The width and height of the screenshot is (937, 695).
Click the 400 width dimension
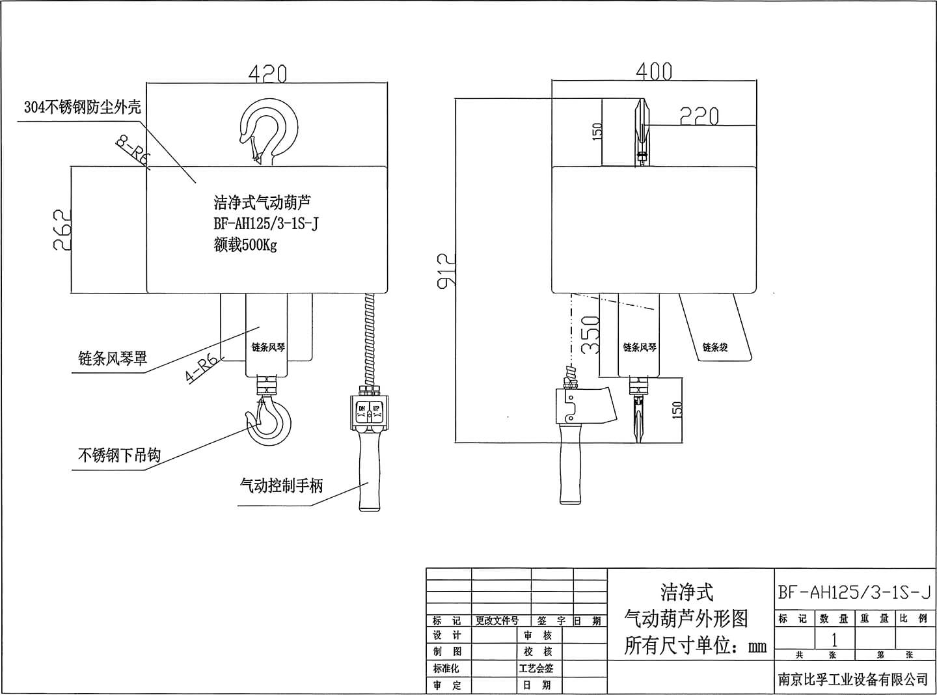[653, 71]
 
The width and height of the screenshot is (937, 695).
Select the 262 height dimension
[61, 229]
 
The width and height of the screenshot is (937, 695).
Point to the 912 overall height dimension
[446, 269]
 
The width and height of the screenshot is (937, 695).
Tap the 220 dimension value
[699, 116]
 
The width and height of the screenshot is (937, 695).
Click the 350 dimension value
[590, 334]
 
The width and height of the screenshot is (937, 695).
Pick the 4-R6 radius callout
[201, 368]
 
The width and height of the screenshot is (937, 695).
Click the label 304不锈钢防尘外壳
[82, 107]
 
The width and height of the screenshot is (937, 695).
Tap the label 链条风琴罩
[113, 359]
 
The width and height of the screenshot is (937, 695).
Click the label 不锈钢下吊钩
[119, 456]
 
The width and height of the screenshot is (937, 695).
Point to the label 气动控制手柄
[281, 485]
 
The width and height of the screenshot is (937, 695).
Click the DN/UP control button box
[368, 410]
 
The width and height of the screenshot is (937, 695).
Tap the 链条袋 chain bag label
[714, 347]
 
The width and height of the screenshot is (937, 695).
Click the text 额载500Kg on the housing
[245, 245]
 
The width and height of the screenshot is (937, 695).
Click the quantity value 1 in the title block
[834, 639]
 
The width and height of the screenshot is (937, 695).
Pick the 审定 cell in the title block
[447, 685]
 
